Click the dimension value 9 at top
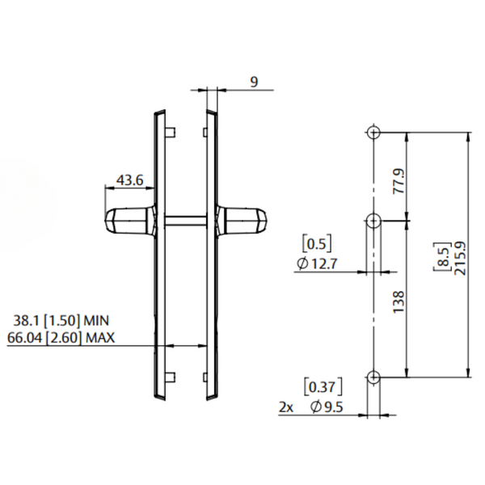click(253, 82)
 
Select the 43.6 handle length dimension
click(130, 180)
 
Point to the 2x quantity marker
click(285, 407)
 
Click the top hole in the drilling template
click(373, 133)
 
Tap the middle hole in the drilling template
click(373, 221)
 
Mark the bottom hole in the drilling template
click(373, 377)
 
